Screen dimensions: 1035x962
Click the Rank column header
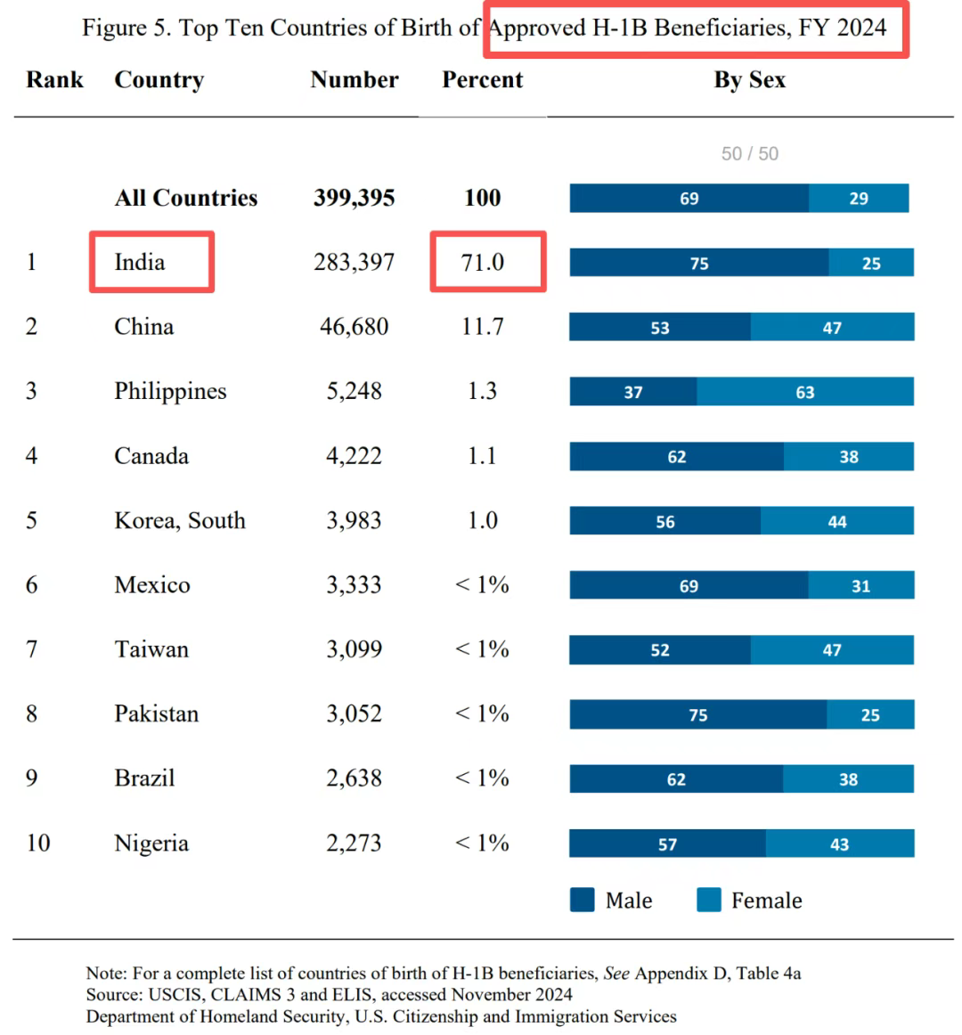54,79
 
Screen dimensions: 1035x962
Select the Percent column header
482,79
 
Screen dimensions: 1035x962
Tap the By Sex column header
749,79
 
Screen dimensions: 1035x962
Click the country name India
140,262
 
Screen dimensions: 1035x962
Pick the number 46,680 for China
354,326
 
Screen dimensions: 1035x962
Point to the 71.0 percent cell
483,262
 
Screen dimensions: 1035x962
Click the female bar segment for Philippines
805,392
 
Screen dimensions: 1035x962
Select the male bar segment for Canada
677,456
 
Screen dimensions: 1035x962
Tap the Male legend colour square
582,900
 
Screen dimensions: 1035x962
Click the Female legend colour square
709,900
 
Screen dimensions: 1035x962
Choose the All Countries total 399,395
354,198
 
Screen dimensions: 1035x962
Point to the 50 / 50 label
749,153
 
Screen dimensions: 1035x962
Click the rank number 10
37,843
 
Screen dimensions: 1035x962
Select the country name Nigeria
151,843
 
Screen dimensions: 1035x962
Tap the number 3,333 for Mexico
354,585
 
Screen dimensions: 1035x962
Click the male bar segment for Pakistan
698,714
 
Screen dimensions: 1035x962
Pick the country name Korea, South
180,520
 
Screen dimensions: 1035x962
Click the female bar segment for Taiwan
832,650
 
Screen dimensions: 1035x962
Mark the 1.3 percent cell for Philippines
482,391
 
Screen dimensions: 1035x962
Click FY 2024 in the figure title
843,28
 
